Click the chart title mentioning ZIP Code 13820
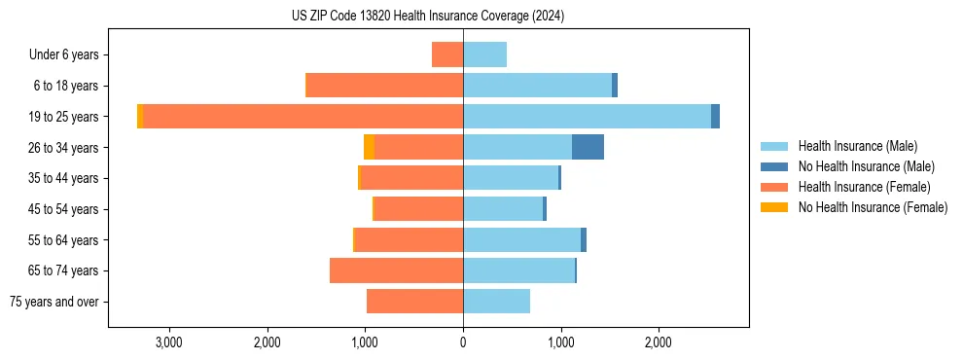(428, 17)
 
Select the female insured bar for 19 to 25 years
(302, 117)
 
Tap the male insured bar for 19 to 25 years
(587, 117)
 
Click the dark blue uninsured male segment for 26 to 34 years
(588, 147)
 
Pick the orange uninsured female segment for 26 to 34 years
(369, 147)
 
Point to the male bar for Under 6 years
(484, 55)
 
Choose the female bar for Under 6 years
(447, 55)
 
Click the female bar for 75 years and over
(414, 302)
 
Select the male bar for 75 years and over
(496, 302)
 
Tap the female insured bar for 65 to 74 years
(396, 270)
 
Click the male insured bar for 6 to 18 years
(537, 86)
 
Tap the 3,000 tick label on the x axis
(169, 342)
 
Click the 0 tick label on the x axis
(463, 342)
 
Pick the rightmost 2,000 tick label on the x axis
(659, 342)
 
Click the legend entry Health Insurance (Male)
(857, 146)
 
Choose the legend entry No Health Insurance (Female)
(873, 207)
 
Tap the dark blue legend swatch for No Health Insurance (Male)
(774, 166)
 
